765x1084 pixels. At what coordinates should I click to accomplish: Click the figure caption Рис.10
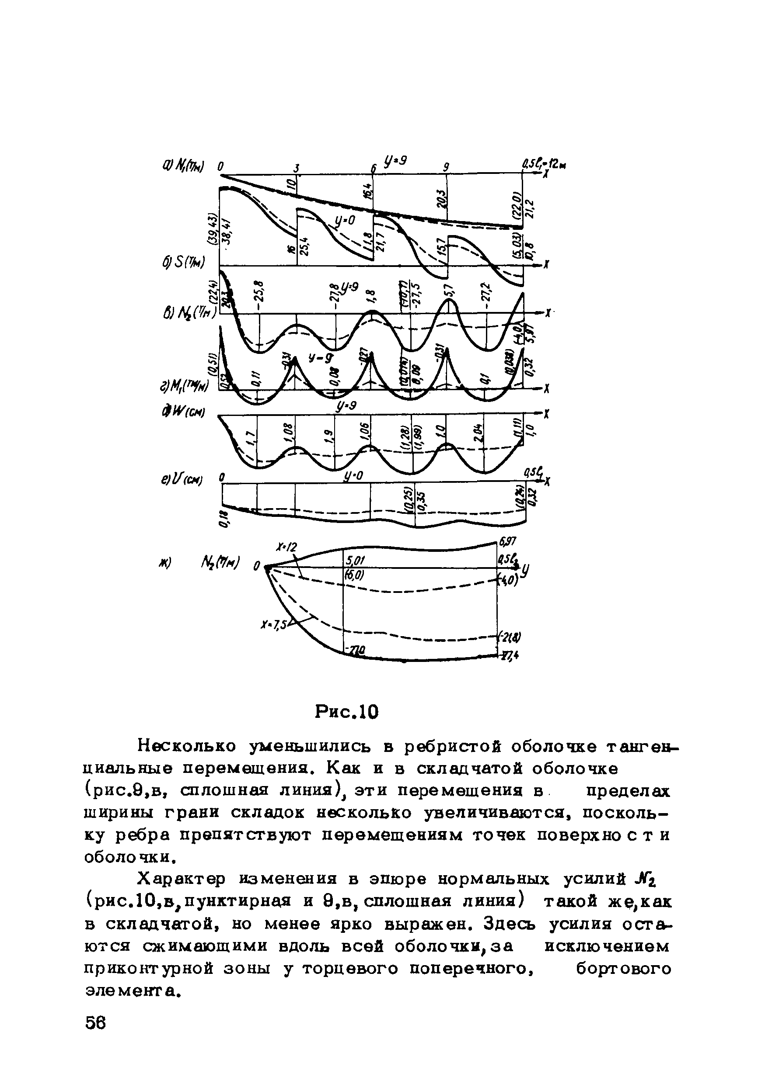coord(347,712)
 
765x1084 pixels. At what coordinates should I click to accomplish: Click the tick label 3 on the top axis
coord(297,168)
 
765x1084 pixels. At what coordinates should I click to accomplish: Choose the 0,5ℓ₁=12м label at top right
coord(544,165)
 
